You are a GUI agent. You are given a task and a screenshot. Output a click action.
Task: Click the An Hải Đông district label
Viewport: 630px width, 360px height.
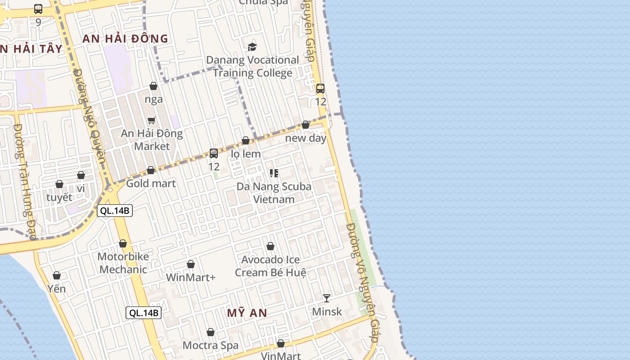pyautogui.click(x=125, y=39)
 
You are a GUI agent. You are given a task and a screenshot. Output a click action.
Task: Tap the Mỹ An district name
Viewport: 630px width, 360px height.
pyautogui.click(x=247, y=313)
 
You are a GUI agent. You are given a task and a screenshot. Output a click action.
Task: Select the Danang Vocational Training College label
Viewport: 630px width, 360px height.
pyautogui.click(x=252, y=66)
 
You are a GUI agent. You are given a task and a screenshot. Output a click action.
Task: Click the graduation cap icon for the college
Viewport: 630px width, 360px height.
pyautogui.click(x=252, y=47)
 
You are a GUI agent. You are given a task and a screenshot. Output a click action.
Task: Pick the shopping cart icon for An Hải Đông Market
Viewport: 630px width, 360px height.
pyautogui.click(x=152, y=120)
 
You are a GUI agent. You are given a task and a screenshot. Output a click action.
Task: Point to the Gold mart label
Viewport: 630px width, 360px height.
pyautogui.click(x=151, y=183)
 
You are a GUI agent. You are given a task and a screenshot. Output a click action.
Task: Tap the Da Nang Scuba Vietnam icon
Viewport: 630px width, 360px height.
pyautogui.click(x=274, y=173)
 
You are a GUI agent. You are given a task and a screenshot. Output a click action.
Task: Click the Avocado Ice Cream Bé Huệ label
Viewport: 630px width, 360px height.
pyautogui.click(x=270, y=266)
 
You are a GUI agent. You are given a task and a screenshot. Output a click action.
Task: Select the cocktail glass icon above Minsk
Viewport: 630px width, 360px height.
pyautogui.click(x=327, y=298)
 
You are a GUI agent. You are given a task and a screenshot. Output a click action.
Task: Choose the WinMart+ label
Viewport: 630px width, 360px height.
pyautogui.click(x=191, y=277)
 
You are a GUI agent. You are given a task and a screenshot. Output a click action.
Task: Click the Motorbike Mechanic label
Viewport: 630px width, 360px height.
pyautogui.click(x=123, y=263)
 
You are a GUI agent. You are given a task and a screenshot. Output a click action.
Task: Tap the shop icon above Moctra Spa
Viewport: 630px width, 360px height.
pyautogui.click(x=211, y=332)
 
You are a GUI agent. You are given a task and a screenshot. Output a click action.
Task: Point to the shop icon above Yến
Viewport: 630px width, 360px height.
pyautogui.click(x=57, y=275)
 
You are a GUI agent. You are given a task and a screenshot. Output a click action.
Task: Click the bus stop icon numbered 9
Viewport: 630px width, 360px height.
pyautogui.click(x=38, y=9)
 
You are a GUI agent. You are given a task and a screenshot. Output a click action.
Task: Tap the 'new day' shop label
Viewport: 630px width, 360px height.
pyautogui.click(x=306, y=138)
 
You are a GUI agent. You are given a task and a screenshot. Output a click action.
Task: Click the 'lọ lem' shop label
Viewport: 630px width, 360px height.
pyautogui.click(x=246, y=154)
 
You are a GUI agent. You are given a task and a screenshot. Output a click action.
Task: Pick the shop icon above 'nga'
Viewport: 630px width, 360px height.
pyautogui.click(x=153, y=86)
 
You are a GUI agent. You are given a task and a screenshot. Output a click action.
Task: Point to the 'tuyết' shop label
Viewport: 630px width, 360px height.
pyautogui.click(x=59, y=197)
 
